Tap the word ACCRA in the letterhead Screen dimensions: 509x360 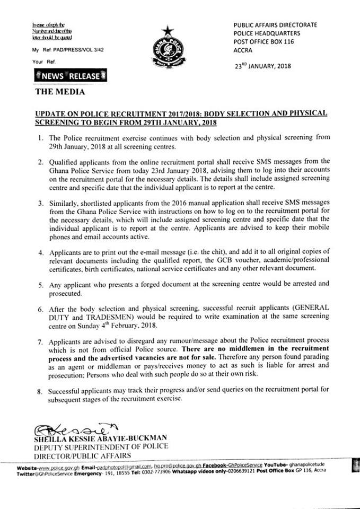[244, 52]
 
